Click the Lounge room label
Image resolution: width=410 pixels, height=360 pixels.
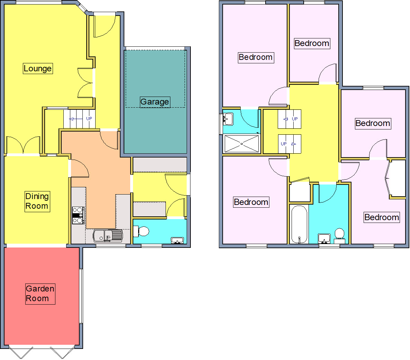(37, 69)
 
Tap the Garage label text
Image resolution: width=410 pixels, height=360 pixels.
(154, 102)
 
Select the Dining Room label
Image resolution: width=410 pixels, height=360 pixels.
(37, 201)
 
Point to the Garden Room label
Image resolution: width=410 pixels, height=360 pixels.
(40, 294)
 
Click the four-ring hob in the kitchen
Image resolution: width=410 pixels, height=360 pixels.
(78, 215)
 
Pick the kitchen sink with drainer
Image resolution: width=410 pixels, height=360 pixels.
(108, 235)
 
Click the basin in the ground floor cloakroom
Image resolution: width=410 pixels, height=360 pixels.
(177, 240)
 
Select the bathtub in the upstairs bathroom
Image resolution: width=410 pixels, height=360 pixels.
(299, 224)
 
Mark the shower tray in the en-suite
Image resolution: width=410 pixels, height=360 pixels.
(241, 144)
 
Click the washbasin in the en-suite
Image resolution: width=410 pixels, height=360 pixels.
(228, 119)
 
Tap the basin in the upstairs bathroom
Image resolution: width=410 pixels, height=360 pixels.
(324, 238)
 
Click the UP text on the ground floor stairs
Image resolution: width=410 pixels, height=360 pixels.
(89, 118)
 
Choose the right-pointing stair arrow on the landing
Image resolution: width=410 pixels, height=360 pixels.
(294, 144)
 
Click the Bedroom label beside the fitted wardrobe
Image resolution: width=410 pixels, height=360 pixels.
(382, 217)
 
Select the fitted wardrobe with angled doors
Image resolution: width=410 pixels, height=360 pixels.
(396, 178)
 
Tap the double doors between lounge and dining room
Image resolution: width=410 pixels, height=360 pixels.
(23, 145)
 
